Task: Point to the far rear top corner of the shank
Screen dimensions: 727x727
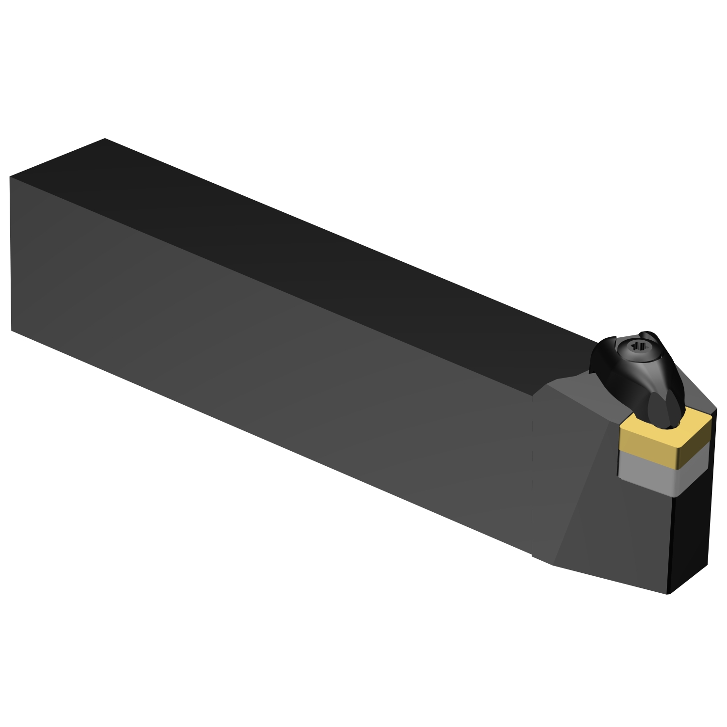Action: (x=105, y=139)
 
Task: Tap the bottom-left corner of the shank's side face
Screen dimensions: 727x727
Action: (x=12, y=331)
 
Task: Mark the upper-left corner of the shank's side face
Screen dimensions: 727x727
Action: (x=10, y=177)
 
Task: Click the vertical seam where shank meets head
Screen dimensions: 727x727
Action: (x=532, y=475)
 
